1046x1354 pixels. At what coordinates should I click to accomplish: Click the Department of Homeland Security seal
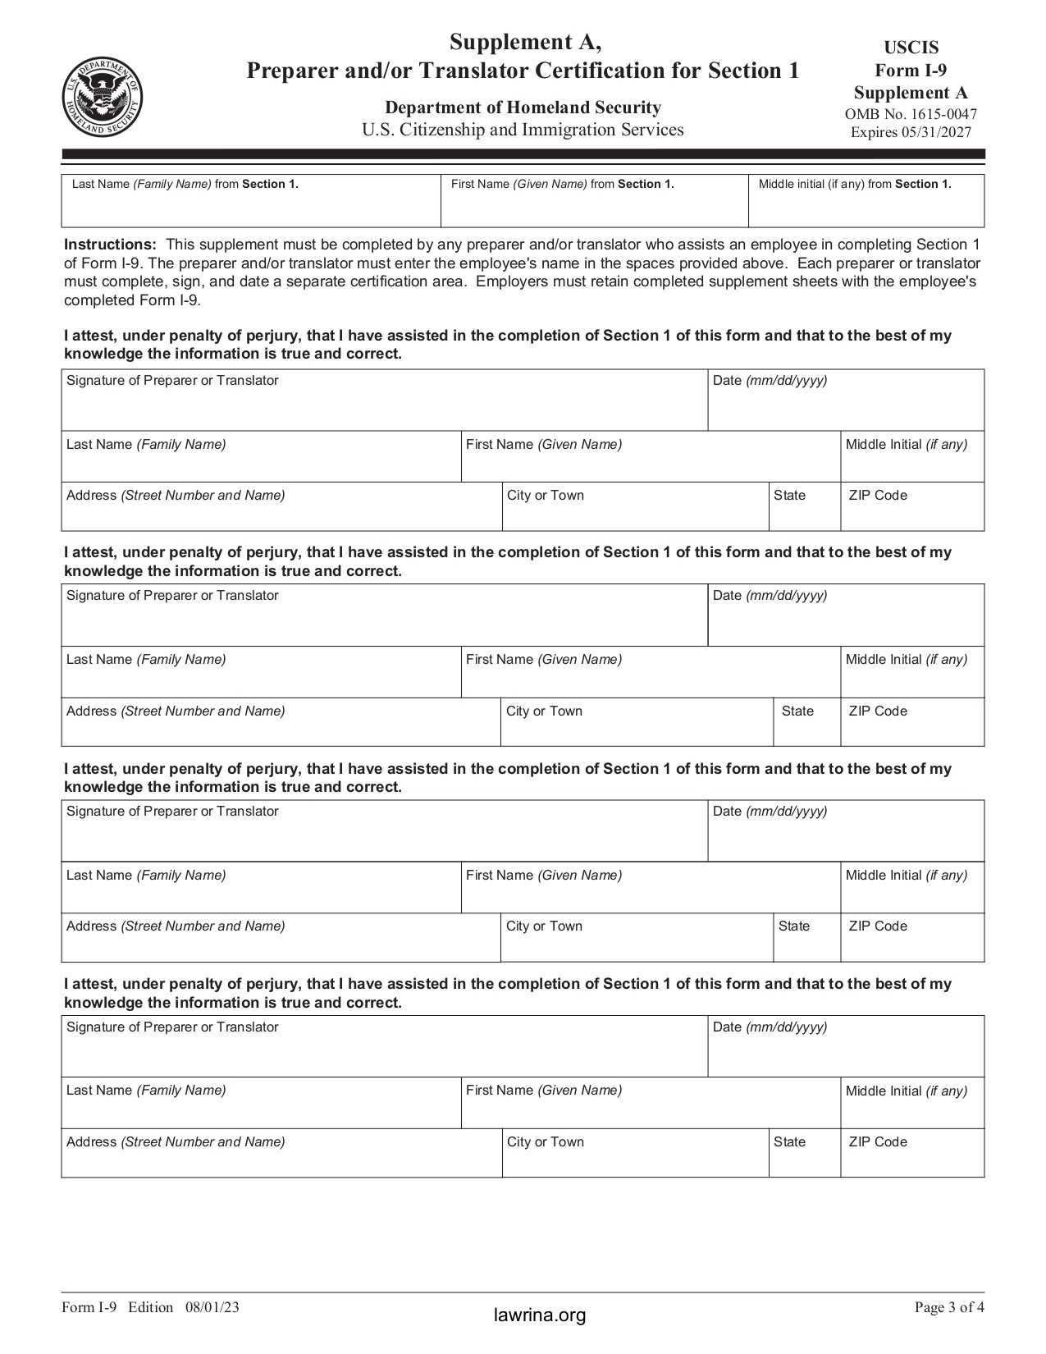[x=102, y=98]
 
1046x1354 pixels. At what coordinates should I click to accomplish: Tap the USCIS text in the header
[x=911, y=48]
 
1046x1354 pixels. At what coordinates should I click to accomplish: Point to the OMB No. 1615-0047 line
[x=911, y=115]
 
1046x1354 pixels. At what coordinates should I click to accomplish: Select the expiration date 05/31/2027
[x=934, y=133]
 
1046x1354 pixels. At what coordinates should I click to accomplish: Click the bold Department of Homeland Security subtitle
[x=523, y=107]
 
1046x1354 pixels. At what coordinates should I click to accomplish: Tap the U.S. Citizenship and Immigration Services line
[x=523, y=130]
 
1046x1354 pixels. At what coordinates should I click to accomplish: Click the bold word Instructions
[x=110, y=245]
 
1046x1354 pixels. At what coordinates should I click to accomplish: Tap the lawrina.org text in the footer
[x=540, y=1315]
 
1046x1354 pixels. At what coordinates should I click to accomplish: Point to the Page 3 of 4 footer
[x=949, y=1307]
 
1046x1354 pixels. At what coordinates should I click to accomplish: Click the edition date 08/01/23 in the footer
[x=212, y=1307]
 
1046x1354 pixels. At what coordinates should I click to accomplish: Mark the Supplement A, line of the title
[x=523, y=43]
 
